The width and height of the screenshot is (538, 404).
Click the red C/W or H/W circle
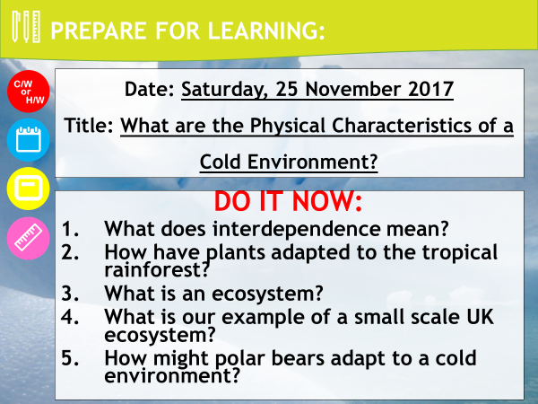pos(29,92)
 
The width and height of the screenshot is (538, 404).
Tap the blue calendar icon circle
pos(29,140)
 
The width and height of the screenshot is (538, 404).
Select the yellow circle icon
pos(29,189)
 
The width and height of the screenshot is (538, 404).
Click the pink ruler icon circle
pos(29,238)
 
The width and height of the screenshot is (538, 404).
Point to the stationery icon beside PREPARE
pos(26,27)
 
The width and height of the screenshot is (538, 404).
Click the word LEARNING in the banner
pos(266,31)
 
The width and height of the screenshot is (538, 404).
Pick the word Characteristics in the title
pos(402,126)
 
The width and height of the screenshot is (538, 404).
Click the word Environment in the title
pos(312,162)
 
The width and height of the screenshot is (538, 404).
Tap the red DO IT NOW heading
pos(288,201)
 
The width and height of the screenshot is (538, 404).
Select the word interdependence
pos(297,229)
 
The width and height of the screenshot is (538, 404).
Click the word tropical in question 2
pos(460,253)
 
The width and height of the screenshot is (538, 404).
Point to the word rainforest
pos(156,269)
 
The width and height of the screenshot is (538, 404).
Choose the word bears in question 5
pos(298,358)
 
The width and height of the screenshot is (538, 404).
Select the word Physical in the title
pos(287,127)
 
